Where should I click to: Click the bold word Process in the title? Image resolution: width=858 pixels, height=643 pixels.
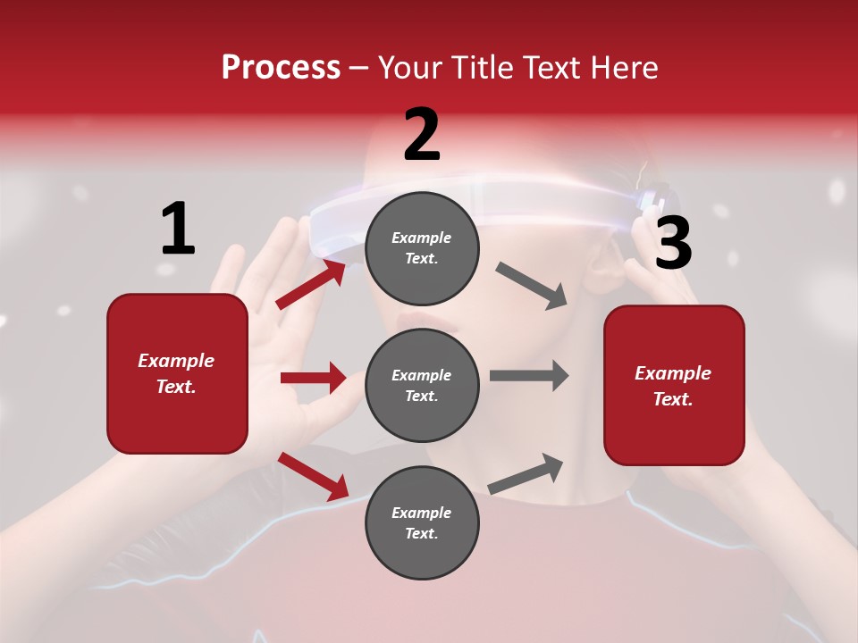click(281, 68)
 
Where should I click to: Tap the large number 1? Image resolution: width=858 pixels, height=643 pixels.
click(177, 230)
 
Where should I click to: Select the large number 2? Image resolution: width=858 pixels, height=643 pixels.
click(422, 135)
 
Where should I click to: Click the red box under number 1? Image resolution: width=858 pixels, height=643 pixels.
click(177, 373)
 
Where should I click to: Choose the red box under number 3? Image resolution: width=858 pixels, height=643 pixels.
click(674, 385)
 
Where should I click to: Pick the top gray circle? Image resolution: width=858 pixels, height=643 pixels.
click(422, 248)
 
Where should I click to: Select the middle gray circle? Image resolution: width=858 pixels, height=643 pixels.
click(422, 385)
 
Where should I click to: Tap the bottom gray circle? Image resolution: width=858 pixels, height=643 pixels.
click(422, 522)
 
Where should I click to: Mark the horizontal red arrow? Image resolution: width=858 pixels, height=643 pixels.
click(313, 378)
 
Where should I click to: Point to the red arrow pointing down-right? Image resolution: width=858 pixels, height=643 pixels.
click(313, 476)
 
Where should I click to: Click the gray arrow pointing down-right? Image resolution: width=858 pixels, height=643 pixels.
click(532, 286)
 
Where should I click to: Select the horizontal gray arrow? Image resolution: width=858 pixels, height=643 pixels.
click(528, 375)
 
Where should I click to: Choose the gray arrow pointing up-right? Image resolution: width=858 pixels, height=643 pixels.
click(526, 474)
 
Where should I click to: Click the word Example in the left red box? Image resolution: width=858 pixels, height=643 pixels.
click(176, 361)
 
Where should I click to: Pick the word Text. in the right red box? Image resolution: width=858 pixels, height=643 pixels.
click(673, 399)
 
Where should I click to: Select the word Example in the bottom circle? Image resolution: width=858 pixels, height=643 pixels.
click(422, 513)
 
